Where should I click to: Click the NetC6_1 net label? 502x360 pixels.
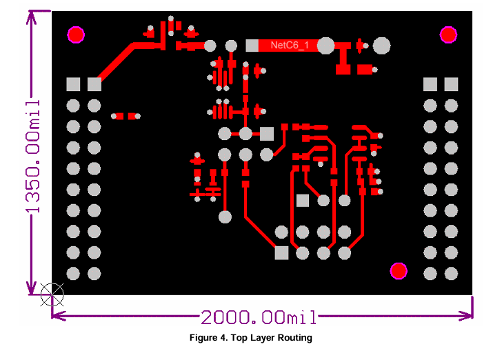[290, 45]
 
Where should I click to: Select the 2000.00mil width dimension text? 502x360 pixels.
[259, 317]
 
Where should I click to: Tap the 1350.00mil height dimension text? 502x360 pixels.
[32, 157]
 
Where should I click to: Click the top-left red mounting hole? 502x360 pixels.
[76, 34]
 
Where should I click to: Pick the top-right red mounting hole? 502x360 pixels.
[448, 34]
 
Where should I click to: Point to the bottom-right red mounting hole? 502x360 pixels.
[399, 271]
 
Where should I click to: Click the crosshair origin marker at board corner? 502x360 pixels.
[52, 294]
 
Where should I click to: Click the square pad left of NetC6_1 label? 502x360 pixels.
[252, 46]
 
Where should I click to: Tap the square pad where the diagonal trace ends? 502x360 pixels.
[94, 84]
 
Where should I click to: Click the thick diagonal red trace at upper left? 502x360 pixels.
[117, 63]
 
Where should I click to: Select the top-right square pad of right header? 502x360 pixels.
[451, 84]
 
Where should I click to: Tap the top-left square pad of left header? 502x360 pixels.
[73, 84]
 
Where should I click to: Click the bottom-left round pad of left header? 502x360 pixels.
[73, 274]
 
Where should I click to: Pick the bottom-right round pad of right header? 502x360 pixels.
[451, 274]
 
